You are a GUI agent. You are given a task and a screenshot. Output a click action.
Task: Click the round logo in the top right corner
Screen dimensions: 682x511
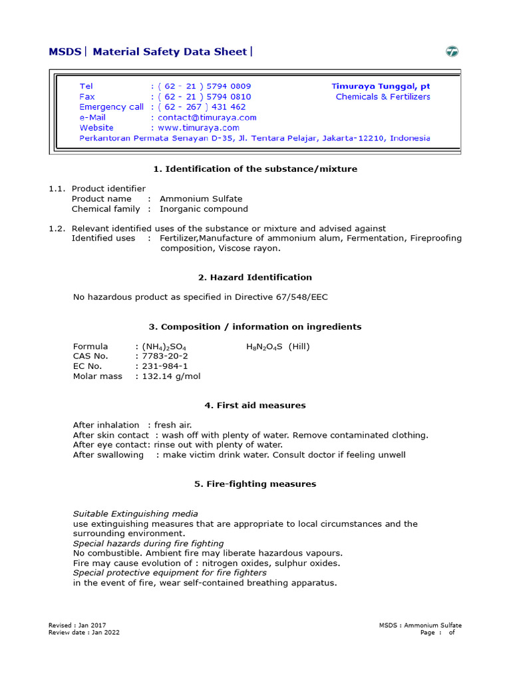click(452, 51)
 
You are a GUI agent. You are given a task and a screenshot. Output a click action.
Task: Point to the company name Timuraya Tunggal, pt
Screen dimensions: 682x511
click(381, 87)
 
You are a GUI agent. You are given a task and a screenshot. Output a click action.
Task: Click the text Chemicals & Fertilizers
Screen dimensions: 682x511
click(383, 97)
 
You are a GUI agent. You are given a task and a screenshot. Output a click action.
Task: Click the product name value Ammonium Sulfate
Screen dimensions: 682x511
click(201, 198)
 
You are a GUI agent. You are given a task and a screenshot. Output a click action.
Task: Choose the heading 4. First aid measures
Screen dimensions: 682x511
click(255, 405)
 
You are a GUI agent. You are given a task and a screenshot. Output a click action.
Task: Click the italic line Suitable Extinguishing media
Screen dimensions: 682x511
click(135, 513)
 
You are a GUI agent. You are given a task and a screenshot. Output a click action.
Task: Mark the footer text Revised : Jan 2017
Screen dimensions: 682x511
click(77, 625)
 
